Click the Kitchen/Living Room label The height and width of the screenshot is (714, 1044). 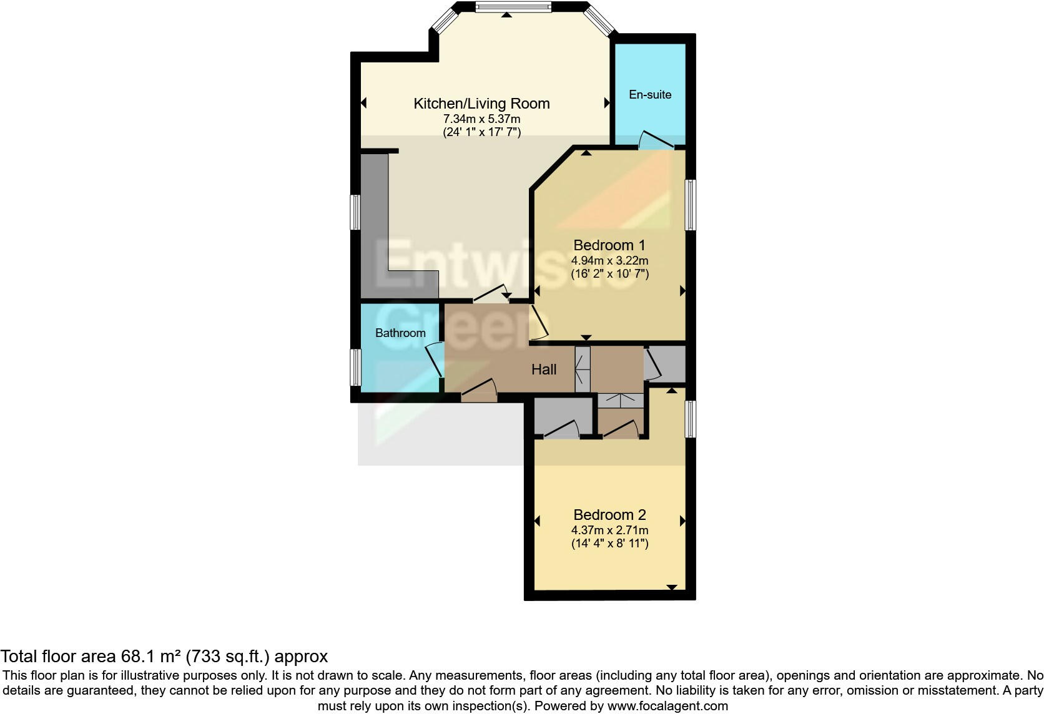tap(481, 104)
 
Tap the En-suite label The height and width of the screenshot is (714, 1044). tap(650, 95)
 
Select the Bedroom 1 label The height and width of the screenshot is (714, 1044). tap(609, 245)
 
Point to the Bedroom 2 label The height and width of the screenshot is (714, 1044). tap(609, 515)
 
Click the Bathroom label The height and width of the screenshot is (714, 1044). tap(400, 333)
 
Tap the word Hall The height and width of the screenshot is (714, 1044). tap(544, 369)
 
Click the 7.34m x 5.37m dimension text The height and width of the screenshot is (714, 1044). tap(481, 119)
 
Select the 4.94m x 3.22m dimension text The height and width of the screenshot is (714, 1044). tap(609, 260)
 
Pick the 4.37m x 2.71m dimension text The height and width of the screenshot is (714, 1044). tap(609, 530)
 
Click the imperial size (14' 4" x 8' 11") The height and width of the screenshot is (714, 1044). tap(609, 544)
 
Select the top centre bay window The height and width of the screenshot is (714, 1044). tap(513, 7)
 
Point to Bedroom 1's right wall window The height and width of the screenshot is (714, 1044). tap(691, 205)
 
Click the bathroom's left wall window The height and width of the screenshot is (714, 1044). tap(355, 367)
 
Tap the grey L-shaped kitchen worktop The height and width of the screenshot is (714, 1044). tap(375, 225)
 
